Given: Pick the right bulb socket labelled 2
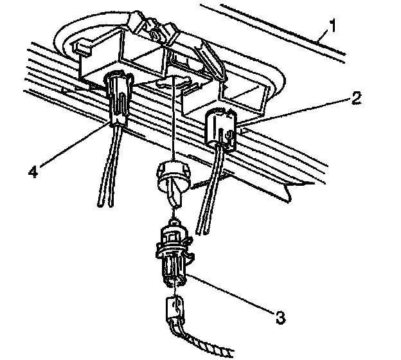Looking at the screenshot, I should pyautogui.click(x=220, y=128).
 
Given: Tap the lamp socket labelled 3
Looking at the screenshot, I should pyautogui.click(x=170, y=254).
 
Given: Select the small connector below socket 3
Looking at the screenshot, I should pyautogui.click(x=173, y=309).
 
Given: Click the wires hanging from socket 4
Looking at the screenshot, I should pyautogui.click(x=106, y=174).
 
